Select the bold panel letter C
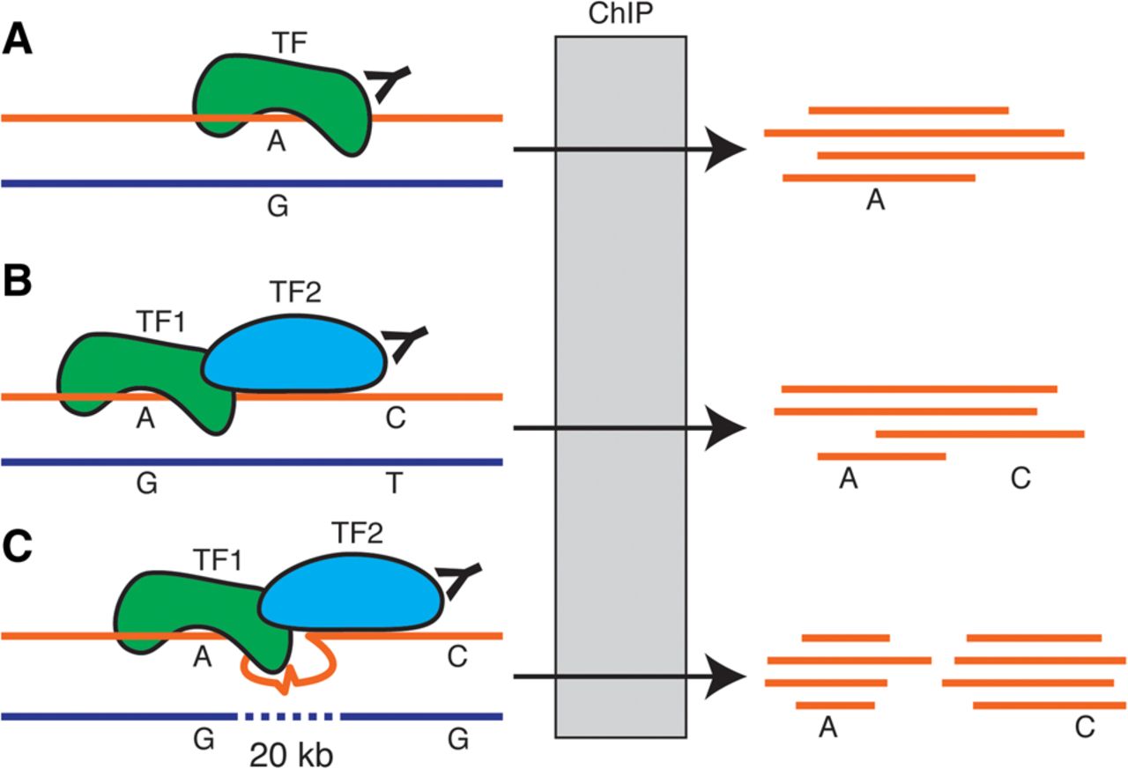coord(19,546)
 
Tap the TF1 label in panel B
coord(160,321)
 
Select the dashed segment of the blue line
coord(288,715)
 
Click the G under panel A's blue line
coord(277,208)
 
